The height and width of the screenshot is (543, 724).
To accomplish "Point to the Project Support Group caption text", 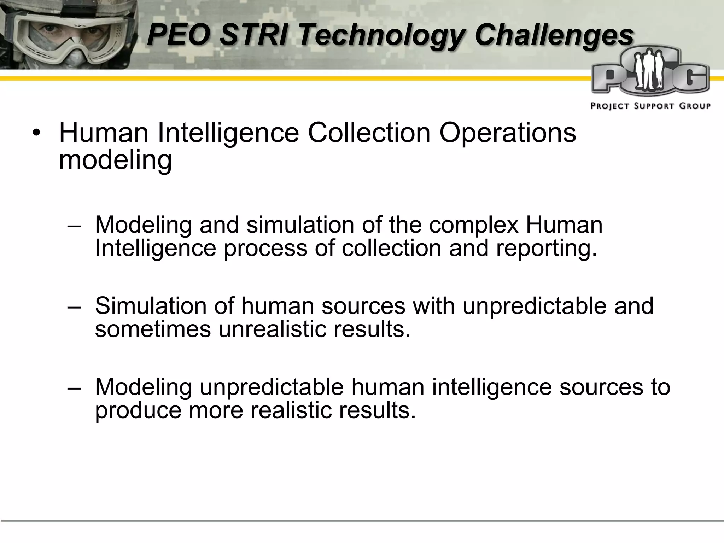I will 650,106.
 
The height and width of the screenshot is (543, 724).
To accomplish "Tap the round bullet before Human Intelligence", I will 36,134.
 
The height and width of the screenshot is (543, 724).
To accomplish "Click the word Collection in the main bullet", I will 369,133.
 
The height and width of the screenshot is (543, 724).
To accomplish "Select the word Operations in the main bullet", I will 508,133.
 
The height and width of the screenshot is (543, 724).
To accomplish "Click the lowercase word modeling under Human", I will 115,160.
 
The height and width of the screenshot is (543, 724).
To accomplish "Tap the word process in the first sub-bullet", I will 265,248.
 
